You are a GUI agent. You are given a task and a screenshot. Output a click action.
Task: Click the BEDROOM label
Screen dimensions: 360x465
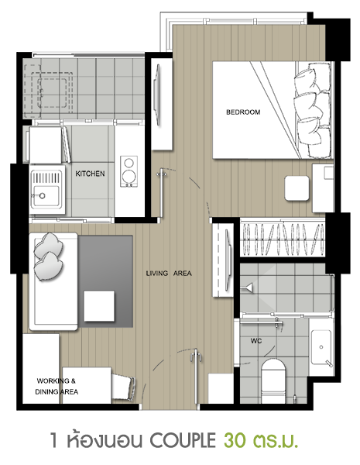[243, 112]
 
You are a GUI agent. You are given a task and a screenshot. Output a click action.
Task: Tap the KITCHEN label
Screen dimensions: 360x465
[90, 174]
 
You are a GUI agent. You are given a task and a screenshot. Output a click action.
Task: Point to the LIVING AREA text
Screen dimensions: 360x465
[169, 273]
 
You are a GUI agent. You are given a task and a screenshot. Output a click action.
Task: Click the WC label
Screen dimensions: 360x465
[256, 341]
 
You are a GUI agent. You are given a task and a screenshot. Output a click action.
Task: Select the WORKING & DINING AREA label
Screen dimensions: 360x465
[57, 386]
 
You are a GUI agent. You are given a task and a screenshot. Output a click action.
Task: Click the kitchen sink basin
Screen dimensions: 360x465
[46, 195]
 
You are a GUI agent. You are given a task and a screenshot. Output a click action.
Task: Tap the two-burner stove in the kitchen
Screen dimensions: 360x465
[129, 171]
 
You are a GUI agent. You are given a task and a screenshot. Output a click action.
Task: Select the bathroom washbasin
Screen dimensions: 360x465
[321, 347]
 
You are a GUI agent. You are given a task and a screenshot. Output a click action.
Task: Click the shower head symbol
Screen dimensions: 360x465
[249, 288]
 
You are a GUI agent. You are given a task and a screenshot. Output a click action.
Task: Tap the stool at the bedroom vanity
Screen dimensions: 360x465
[297, 188]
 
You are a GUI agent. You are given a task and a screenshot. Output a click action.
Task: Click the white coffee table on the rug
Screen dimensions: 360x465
[99, 306]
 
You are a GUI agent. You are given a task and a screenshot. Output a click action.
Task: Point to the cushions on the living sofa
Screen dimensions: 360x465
[48, 257]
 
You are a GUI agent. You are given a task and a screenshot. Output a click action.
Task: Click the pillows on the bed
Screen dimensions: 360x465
[312, 110]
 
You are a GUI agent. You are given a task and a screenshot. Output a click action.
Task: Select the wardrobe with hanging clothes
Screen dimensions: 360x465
[283, 239]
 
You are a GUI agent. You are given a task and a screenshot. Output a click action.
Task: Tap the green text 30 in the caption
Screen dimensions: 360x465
[235, 440]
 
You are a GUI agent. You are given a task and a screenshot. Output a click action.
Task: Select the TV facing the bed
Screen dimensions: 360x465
[157, 95]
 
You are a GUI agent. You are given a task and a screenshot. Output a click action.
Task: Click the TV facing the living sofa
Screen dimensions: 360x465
[228, 260]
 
